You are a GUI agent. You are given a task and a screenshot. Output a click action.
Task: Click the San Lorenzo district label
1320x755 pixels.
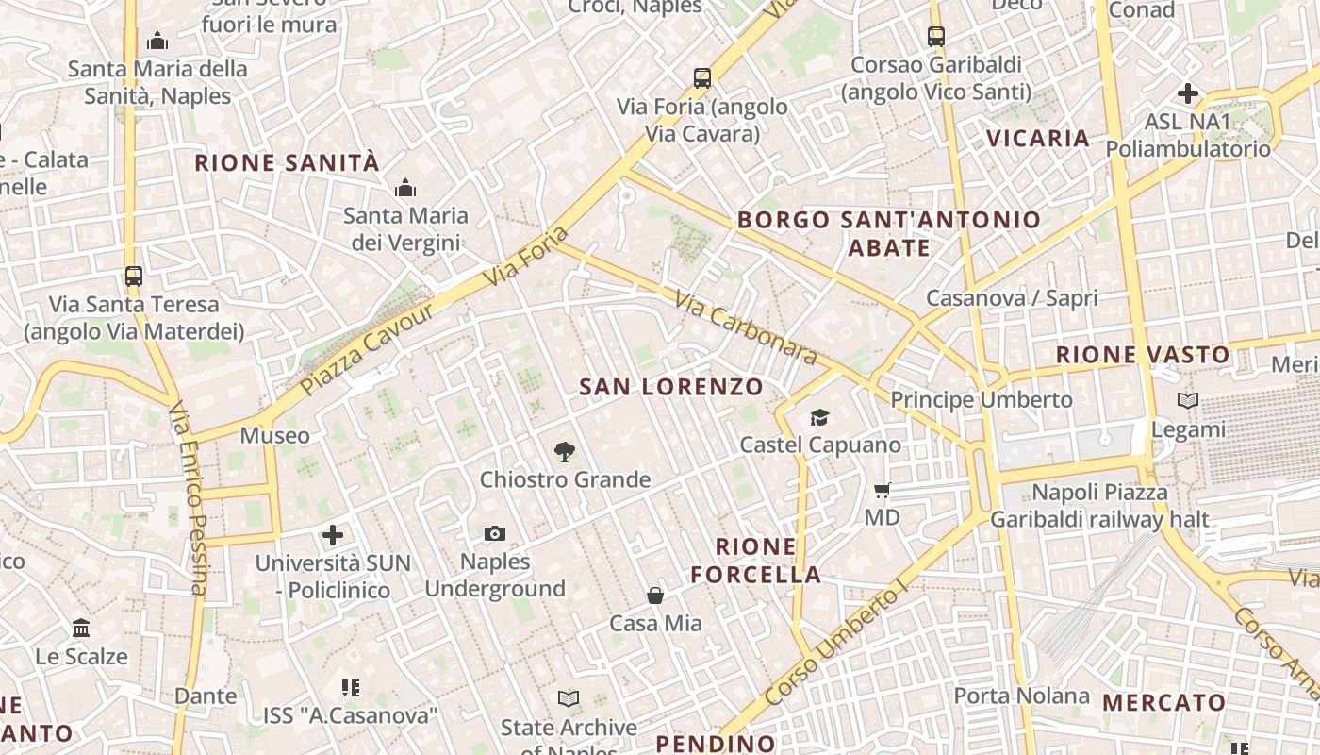[670, 387]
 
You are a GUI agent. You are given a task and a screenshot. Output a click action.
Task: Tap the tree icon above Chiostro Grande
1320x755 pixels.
[565, 451]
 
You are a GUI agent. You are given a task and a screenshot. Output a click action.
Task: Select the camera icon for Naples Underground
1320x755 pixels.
[495, 534]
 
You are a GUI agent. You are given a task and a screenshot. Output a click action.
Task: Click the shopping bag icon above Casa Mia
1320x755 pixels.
[655, 596]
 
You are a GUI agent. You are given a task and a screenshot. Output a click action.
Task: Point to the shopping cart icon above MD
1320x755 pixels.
[883, 490]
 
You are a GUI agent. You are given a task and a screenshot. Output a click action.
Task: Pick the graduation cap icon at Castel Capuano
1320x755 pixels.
[819, 417]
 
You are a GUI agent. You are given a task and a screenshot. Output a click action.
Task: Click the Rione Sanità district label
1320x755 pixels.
[287, 163]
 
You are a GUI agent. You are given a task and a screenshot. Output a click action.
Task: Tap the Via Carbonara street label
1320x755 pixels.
[746, 327]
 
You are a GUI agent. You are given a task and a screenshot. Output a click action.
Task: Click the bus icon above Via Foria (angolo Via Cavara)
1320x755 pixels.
[701, 77]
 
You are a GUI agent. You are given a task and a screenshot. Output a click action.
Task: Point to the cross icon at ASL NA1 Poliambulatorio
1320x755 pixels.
[1188, 93]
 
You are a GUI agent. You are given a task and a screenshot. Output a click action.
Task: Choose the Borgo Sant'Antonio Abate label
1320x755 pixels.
[889, 234]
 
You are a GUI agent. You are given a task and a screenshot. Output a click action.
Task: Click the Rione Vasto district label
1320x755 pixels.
[1143, 356]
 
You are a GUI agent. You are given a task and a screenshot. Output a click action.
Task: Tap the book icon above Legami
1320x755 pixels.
[1188, 401]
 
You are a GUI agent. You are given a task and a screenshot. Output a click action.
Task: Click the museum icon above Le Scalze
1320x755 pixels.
[81, 629]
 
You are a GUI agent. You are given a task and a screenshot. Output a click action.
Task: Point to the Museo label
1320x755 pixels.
[274, 435]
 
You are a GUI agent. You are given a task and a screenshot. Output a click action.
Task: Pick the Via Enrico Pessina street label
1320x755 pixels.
[188, 498]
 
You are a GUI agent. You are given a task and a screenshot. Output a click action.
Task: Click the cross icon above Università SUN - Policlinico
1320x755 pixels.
[333, 536]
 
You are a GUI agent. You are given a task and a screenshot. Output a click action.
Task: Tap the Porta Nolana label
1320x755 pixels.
[1022, 696]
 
